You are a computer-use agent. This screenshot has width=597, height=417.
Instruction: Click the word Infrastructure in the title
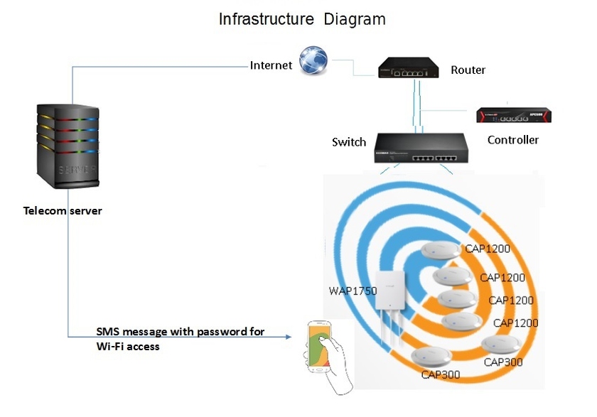(x=266, y=19)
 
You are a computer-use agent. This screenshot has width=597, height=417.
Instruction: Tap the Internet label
(x=271, y=65)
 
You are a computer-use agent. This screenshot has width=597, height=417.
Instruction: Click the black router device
(x=407, y=67)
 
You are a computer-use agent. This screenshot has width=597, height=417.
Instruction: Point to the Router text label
(x=468, y=70)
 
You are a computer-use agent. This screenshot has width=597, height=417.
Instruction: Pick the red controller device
(x=513, y=115)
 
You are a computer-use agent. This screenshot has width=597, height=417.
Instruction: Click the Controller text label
(x=513, y=140)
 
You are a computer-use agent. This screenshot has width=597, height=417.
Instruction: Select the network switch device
(x=420, y=149)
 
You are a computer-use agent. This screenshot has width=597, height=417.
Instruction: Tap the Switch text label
(x=349, y=142)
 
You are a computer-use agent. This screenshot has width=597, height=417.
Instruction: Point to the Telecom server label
(x=63, y=211)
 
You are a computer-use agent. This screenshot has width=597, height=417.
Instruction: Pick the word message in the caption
(x=146, y=332)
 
